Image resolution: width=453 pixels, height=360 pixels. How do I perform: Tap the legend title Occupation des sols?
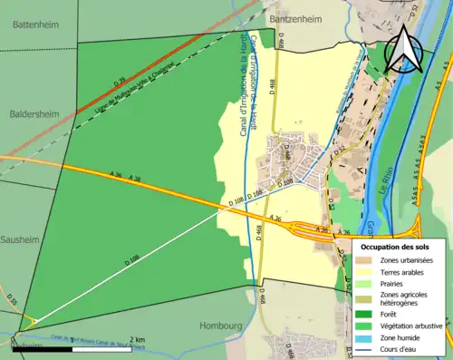(395, 247)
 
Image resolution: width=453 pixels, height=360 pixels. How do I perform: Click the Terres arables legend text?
(405, 273)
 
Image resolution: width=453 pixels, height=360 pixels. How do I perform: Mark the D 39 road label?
(120, 83)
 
